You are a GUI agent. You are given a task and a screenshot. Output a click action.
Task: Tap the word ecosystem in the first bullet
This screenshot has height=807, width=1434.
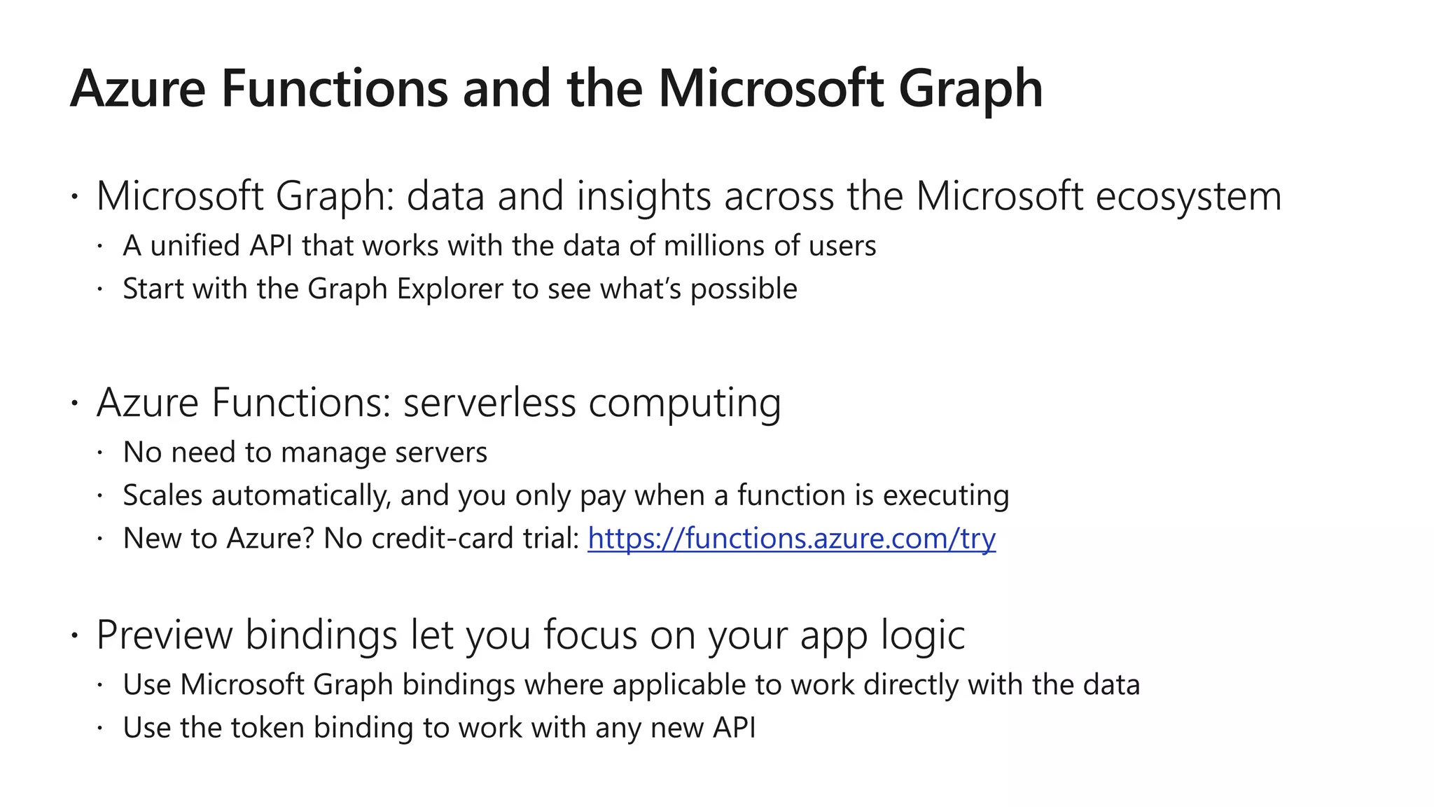tap(1188, 196)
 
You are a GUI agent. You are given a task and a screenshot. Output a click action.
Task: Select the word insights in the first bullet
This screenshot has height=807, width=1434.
tap(643, 196)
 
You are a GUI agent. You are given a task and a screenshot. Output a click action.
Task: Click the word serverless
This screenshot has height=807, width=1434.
tap(489, 403)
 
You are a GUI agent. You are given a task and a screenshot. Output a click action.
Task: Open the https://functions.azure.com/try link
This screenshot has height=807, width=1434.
tap(791, 539)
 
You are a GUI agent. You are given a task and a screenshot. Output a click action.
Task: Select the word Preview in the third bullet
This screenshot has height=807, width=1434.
tap(164, 635)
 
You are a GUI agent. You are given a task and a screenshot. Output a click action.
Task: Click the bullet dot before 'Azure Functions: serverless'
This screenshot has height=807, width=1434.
tap(75, 403)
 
